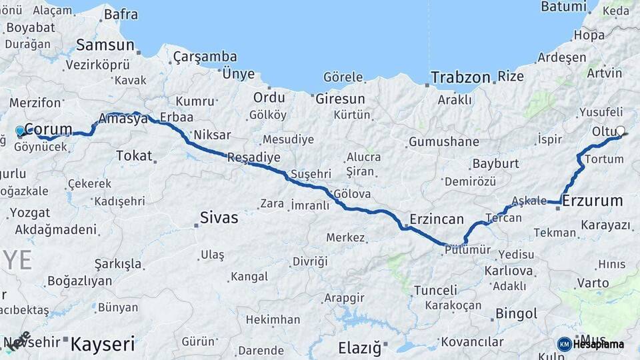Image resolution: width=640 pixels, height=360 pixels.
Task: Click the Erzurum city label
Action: click(x=593, y=201)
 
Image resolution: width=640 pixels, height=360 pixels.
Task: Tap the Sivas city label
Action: click(x=219, y=217)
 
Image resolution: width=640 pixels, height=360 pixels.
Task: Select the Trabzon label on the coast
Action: click(x=461, y=77)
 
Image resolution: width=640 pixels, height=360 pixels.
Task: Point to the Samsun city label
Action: click(x=105, y=45)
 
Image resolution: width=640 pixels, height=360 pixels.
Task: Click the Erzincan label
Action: click(x=437, y=219)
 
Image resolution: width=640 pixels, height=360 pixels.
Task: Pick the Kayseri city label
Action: click(x=102, y=345)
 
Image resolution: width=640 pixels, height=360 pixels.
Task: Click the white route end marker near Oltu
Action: click(x=621, y=131)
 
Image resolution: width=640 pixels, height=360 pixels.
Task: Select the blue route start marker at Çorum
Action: click(x=20, y=131)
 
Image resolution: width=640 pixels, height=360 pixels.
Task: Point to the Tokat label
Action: click(x=134, y=155)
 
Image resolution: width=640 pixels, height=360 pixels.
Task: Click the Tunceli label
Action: click(x=435, y=291)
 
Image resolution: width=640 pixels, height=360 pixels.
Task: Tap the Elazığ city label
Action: click(x=359, y=347)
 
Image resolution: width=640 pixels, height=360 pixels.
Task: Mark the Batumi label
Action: click(x=563, y=7)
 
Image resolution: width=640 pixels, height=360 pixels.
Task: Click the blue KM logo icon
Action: click(x=565, y=344)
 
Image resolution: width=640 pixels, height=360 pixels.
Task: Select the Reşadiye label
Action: click(x=253, y=157)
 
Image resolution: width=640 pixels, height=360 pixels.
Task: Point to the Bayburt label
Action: click(x=495, y=163)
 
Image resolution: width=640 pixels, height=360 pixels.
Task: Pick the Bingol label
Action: click(x=516, y=313)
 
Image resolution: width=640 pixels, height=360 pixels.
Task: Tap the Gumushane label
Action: click(x=444, y=141)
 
